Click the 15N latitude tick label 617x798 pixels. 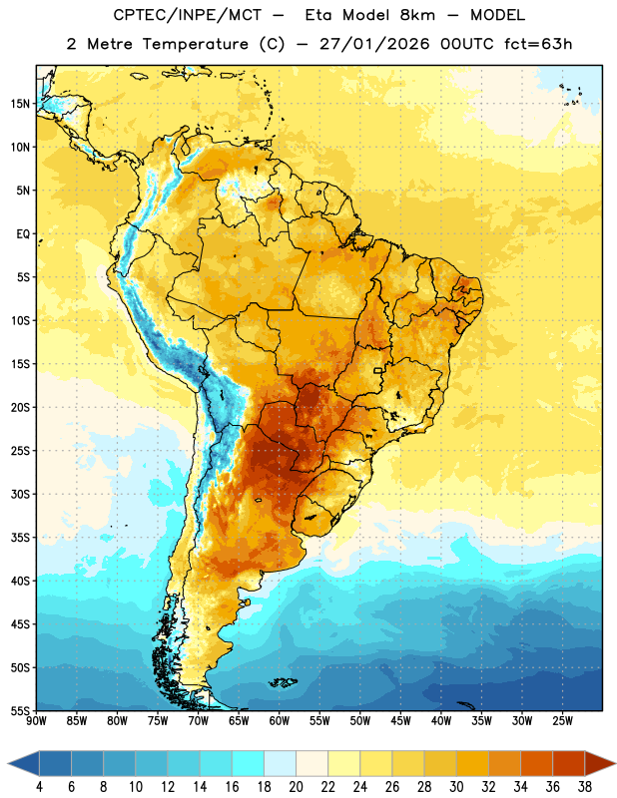pos(20,104)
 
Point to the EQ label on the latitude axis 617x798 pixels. pos(23,234)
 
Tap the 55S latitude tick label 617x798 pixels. pos(20,710)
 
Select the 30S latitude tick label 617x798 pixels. pos(20,494)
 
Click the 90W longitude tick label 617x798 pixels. pos(36,721)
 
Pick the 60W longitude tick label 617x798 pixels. pos(280,721)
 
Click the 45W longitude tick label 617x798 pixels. pos(400,721)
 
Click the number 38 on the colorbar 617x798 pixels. pos(584,787)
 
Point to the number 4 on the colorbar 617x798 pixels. pos(39,787)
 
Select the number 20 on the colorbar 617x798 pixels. pos(296,787)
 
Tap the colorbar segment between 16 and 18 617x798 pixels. pos(249,764)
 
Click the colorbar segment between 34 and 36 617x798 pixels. pos(536,764)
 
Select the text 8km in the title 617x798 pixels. pos(417,15)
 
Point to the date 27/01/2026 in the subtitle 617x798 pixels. pos(374,44)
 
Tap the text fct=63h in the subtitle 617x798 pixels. pos(538,44)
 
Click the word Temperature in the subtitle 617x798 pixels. pos(195,44)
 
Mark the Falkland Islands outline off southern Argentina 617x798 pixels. pos(283,682)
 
